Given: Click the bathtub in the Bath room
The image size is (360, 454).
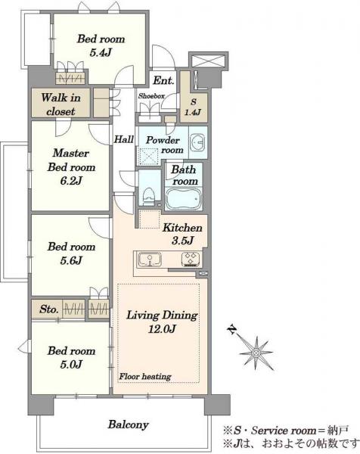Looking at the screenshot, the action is point(184,198).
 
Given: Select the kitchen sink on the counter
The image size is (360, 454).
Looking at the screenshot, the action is point(149,259).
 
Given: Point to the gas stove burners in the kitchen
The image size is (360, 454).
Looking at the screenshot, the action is point(191,259).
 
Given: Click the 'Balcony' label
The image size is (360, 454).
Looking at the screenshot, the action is point(129,424).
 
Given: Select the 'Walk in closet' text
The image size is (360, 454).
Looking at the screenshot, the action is point(61,104).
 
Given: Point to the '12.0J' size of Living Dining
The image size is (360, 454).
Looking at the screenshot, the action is point(162,329).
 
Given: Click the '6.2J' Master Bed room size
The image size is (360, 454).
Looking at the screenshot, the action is point(71,181).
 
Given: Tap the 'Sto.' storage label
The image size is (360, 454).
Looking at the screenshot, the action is point(49,309).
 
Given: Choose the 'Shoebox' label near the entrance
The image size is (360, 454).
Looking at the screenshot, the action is point(151,96).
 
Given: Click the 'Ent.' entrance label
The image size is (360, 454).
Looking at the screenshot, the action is point(163,80).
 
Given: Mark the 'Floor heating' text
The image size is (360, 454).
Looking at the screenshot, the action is point(145,376).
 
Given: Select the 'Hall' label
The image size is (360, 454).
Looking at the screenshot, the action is point(124,139).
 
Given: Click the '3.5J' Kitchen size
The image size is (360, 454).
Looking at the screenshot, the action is point(182,241).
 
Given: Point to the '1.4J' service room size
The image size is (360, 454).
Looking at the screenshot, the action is point(193,112).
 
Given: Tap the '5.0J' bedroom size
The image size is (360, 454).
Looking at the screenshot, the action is point(71,364).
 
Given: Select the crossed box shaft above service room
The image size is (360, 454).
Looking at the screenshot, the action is point(208,61).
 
